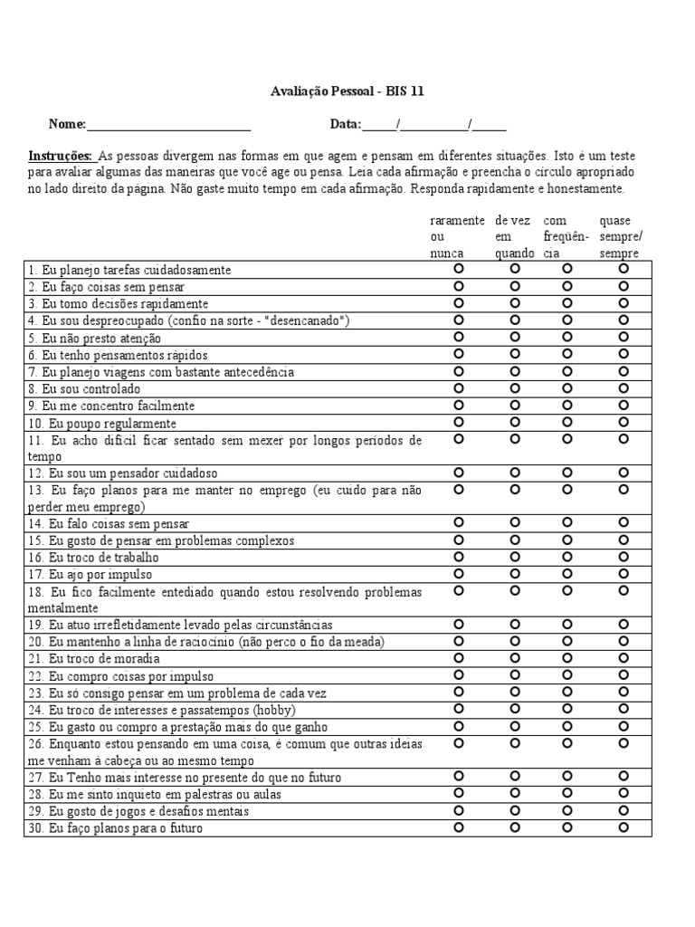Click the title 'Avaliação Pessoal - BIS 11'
347,91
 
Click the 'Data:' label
346,125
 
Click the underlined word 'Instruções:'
60,157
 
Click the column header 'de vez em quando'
513,237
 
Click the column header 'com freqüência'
566,237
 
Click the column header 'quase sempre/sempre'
622,237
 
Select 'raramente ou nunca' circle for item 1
459,269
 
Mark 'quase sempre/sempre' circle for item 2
624,286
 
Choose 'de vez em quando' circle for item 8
515,387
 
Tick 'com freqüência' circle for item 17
567,573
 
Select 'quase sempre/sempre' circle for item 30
624,827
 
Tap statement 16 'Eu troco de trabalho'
100,558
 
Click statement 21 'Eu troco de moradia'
99,659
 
